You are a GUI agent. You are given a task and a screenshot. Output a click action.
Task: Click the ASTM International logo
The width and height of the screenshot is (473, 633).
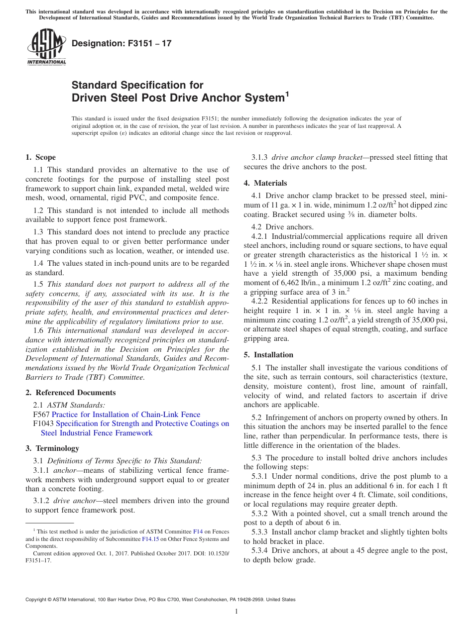click(x=46, y=47)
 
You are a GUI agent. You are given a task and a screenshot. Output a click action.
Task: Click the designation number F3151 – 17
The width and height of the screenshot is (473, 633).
click(x=121, y=43)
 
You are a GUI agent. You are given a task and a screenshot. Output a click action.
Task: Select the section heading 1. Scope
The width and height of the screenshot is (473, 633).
click(x=40, y=157)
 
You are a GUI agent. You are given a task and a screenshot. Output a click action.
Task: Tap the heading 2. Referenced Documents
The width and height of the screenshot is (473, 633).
click(x=64, y=393)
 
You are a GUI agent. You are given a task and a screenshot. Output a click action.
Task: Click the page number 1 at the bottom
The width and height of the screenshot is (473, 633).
click(x=236, y=612)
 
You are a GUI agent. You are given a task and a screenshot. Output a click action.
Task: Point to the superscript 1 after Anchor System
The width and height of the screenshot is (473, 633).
click(x=286, y=94)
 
